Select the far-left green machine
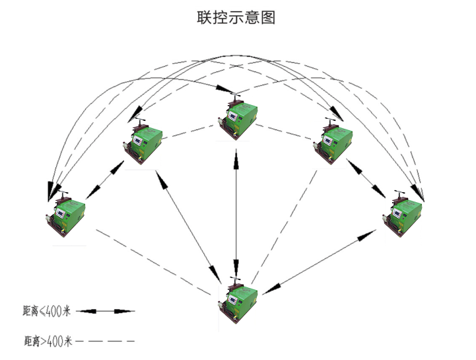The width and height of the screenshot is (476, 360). click(64, 215)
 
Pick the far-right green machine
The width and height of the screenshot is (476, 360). click(402, 214)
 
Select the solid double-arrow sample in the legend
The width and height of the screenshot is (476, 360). click(106, 310)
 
